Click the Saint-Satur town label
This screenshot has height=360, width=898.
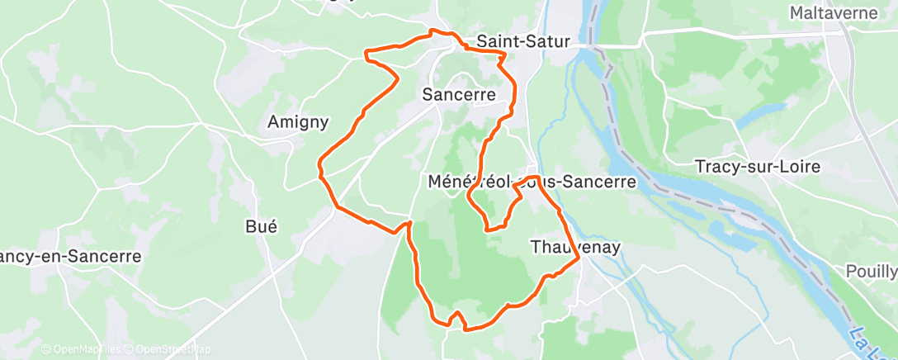coord(523,40)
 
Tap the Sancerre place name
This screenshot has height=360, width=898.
coord(458,94)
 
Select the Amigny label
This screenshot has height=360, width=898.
coord(298,122)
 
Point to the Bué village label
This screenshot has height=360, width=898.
coord(261,226)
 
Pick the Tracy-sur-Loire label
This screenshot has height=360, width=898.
coord(758,166)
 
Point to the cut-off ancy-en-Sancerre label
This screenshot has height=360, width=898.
coord(70,256)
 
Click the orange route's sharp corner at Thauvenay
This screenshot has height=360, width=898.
coord(579,258)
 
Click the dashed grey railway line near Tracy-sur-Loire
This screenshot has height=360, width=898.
coord(710,202)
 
